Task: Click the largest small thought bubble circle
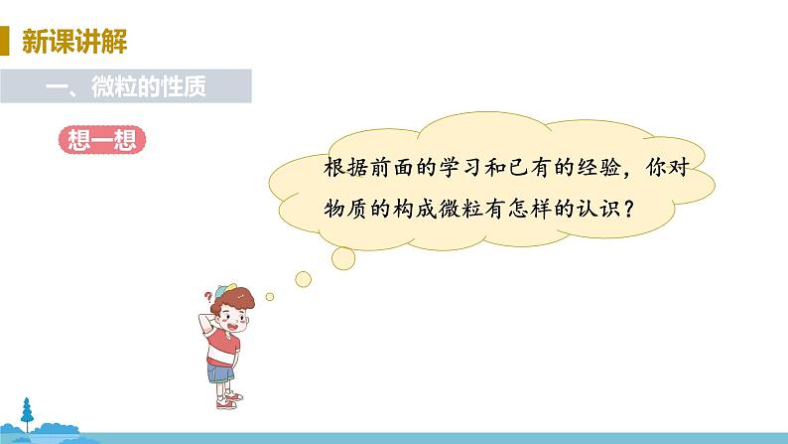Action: [341, 257]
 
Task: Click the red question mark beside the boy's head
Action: [207, 295]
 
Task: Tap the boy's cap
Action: [230, 289]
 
